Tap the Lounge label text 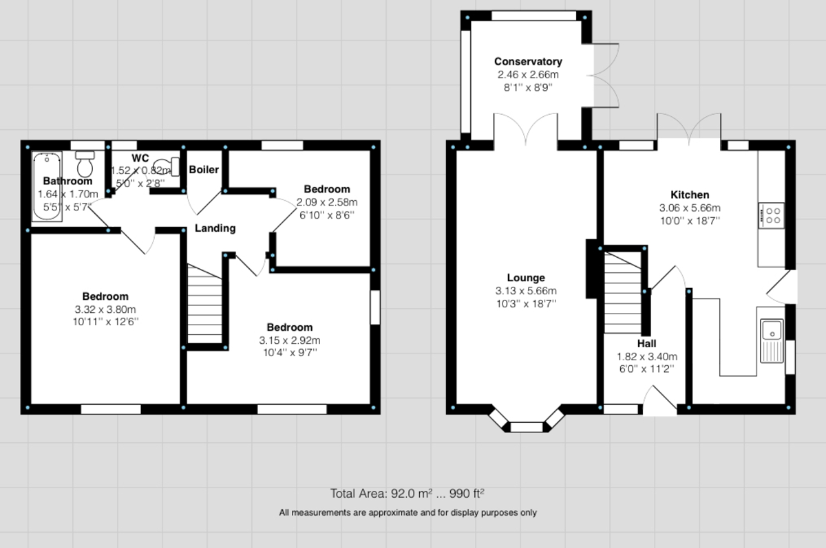point(527,278)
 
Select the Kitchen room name point(690,195)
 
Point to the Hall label point(646,344)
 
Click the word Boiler point(204,169)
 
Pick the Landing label point(215,228)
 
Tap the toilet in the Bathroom point(85,165)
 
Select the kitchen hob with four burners point(772,215)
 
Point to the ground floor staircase point(624,292)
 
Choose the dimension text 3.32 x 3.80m point(106,309)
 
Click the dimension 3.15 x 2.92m point(290,340)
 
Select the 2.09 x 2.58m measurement point(327,202)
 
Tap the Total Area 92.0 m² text point(407,493)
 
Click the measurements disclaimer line point(407,512)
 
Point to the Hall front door point(659,403)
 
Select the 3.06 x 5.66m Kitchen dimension point(690,208)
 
